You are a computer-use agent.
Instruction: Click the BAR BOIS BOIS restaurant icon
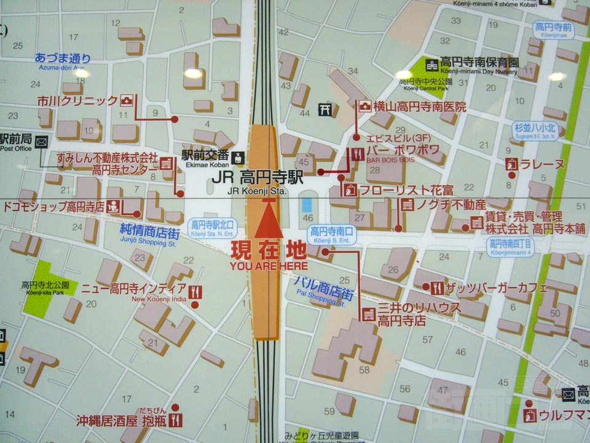pos(356,154)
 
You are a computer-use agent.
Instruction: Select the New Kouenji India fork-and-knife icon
pos(195,291)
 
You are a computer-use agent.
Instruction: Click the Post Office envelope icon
pos(41,143)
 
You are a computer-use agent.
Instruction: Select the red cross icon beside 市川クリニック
pos(127,100)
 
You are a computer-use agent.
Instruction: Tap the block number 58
pos(364,369)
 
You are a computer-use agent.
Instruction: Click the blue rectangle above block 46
pos(307,204)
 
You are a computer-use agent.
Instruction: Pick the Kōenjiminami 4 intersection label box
pos(511,246)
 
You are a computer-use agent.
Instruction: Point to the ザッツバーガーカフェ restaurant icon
pos(437,287)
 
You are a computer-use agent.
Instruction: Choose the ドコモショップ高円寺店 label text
pos(54,207)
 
